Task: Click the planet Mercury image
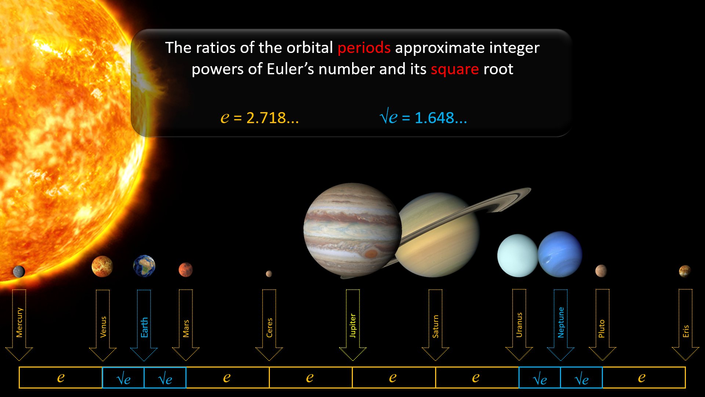pyautogui.click(x=19, y=272)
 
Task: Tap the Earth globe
pyautogui.click(x=144, y=266)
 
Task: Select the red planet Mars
pyautogui.click(x=185, y=269)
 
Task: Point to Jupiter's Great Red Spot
pyautogui.click(x=371, y=253)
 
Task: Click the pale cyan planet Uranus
pyautogui.click(x=517, y=255)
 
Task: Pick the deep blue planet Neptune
pyautogui.click(x=560, y=254)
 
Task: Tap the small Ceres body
pyautogui.click(x=269, y=273)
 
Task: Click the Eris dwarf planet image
pyautogui.click(x=685, y=271)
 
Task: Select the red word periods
pyautogui.click(x=364, y=48)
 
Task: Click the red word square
pyautogui.click(x=455, y=69)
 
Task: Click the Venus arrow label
pyautogui.click(x=103, y=327)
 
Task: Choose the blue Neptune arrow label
pyautogui.click(x=561, y=322)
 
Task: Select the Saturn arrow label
pyautogui.click(x=435, y=326)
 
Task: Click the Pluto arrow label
pyautogui.click(x=601, y=329)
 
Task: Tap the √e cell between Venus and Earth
pyautogui.click(x=123, y=378)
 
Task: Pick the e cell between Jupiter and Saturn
pyautogui.click(x=394, y=378)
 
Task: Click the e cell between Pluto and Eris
pyautogui.click(x=644, y=378)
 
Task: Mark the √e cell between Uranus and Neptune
pyautogui.click(x=539, y=378)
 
